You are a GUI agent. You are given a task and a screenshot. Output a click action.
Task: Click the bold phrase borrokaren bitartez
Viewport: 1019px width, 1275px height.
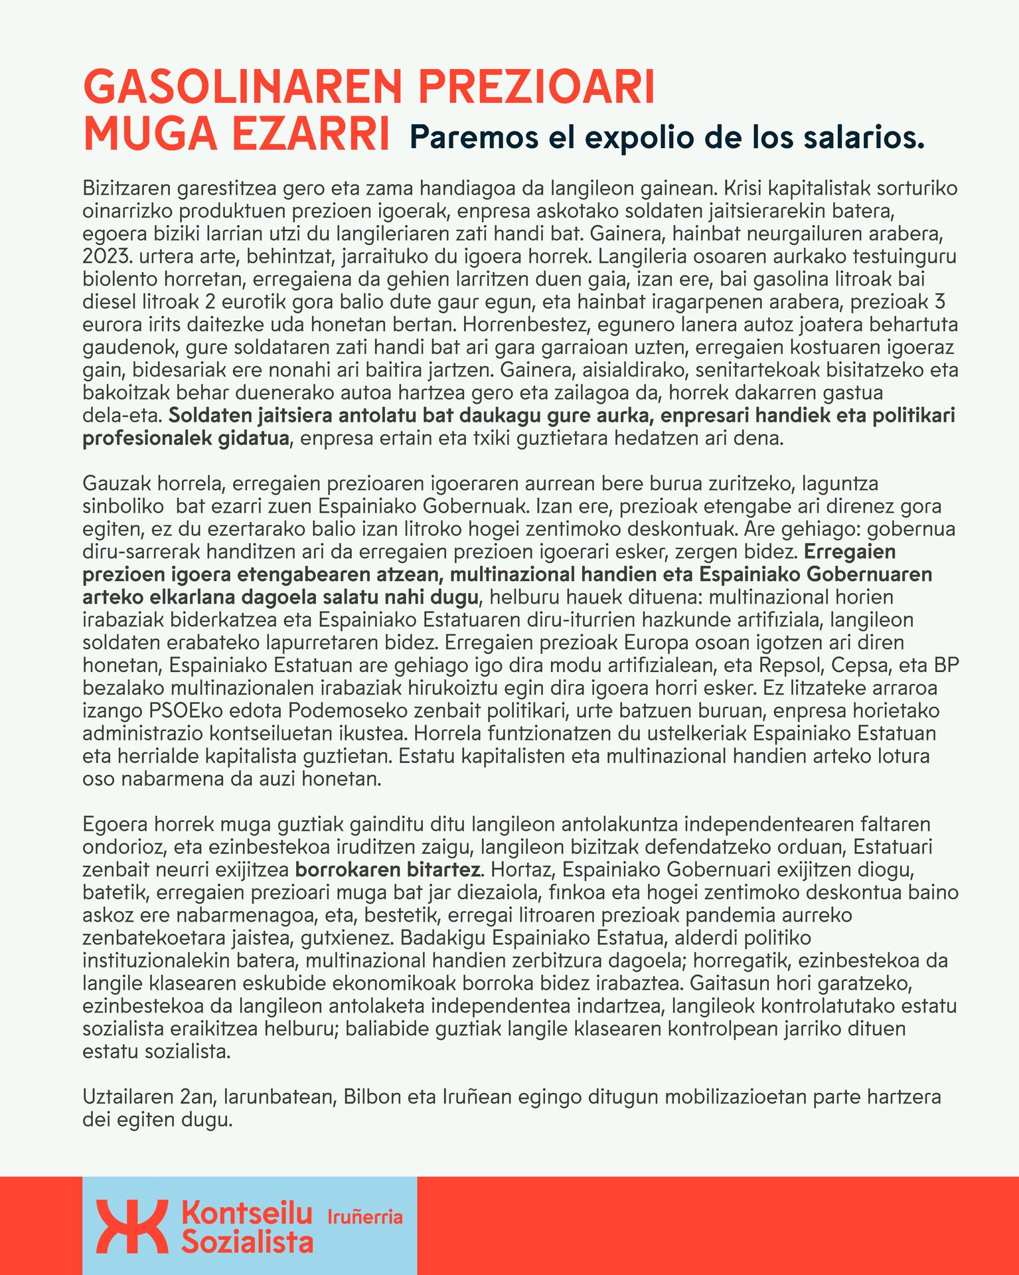388,869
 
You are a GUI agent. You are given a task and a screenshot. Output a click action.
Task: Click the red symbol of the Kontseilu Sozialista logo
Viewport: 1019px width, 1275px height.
132,1227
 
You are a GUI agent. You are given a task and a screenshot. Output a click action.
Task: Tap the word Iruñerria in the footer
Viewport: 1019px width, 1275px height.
366,1217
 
